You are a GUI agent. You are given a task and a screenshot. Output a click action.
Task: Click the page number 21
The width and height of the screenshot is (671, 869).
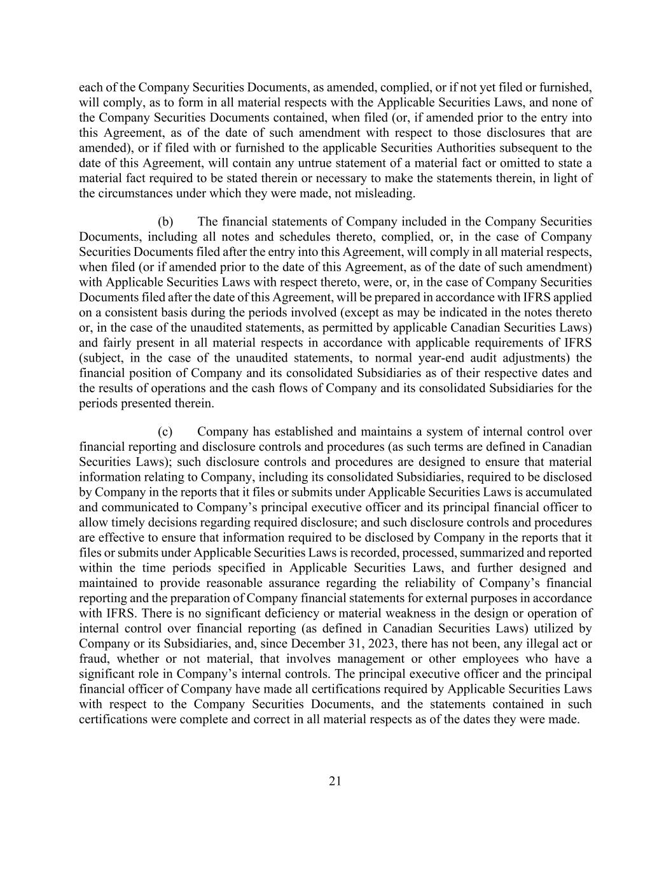point(335,782)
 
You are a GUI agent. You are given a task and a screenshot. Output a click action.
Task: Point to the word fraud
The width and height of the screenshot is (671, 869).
point(93,659)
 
